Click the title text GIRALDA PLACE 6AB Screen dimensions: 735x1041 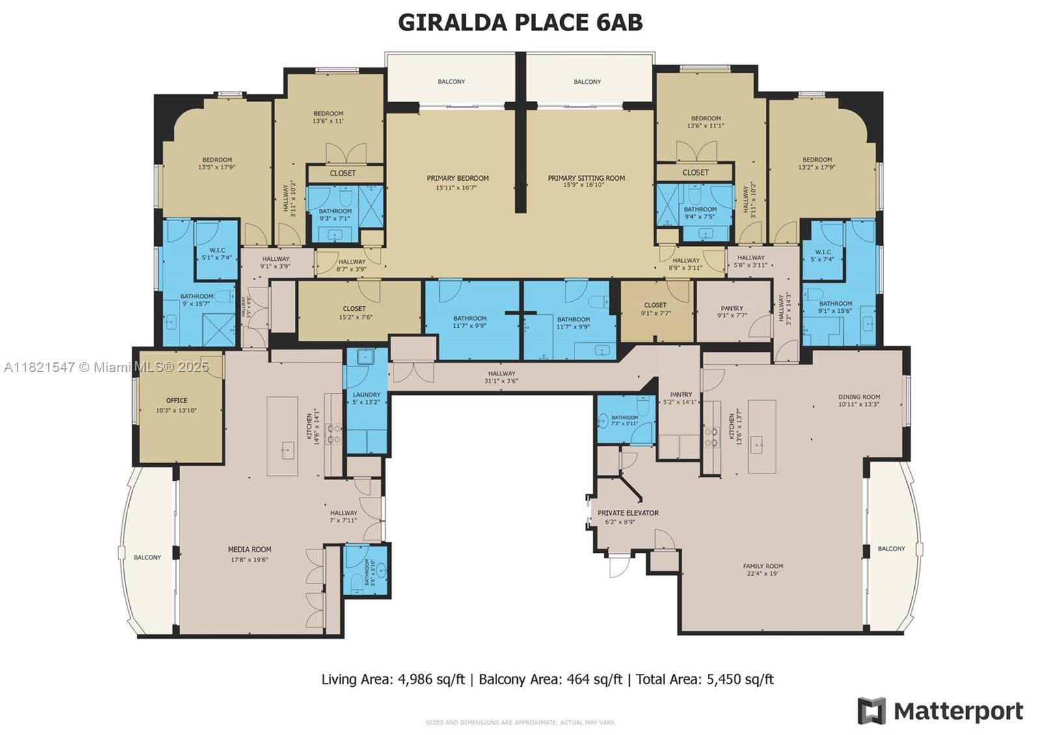[x=520, y=22]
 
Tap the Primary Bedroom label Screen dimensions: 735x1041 [x=457, y=182]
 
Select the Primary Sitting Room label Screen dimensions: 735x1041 [x=586, y=181]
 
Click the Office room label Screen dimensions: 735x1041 [x=176, y=405]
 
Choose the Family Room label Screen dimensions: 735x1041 [x=763, y=570]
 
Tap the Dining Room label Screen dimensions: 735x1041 [x=859, y=400]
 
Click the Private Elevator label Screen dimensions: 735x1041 [x=628, y=516]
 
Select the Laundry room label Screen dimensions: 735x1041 [x=366, y=398]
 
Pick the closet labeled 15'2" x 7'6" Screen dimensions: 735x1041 [x=354, y=313]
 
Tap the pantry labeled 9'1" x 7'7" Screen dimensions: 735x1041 [x=732, y=312]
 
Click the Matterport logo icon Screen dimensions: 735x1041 [x=871, y=710]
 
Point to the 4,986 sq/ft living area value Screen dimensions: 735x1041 [x=427, y=680]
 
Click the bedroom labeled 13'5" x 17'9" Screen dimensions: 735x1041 [x=217, y=163]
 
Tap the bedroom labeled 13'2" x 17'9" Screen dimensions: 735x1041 [x=817, y=163]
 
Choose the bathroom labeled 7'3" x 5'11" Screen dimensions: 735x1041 [x=625, y=421]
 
